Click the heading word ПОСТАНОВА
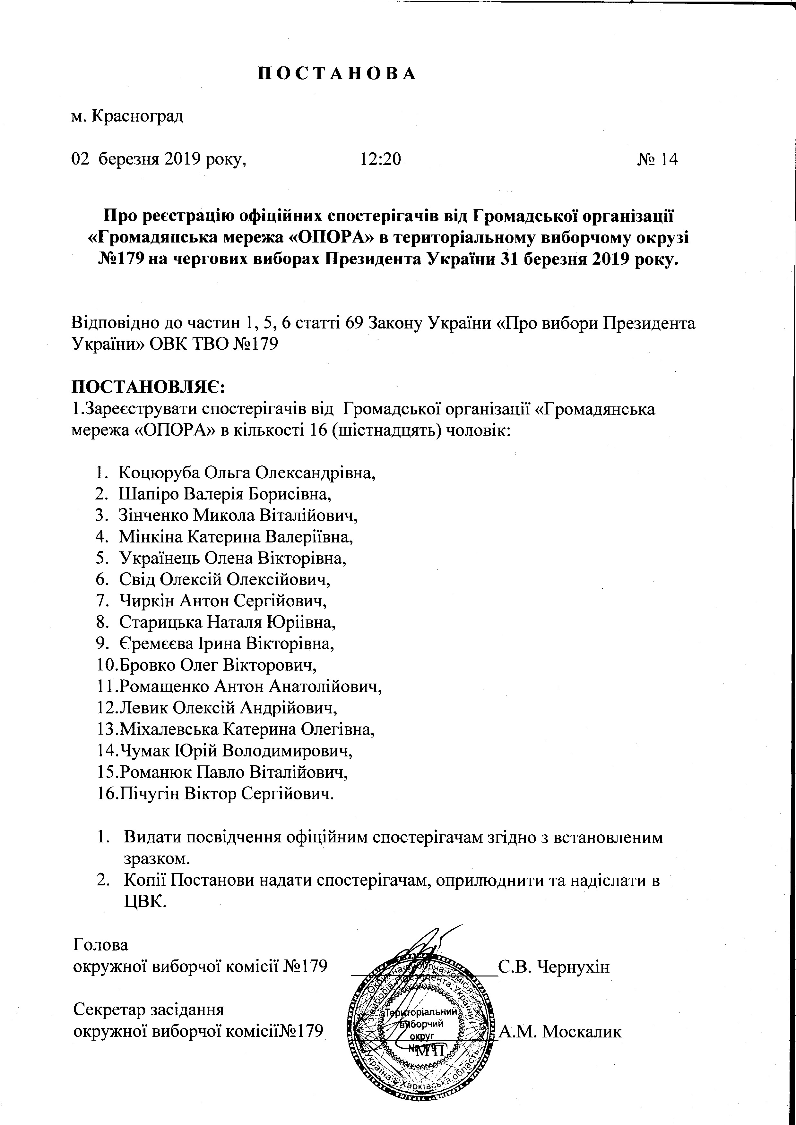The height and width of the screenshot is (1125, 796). [337, 73]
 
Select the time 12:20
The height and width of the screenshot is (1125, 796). [380, 159]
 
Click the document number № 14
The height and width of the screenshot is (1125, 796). [657, 159]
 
